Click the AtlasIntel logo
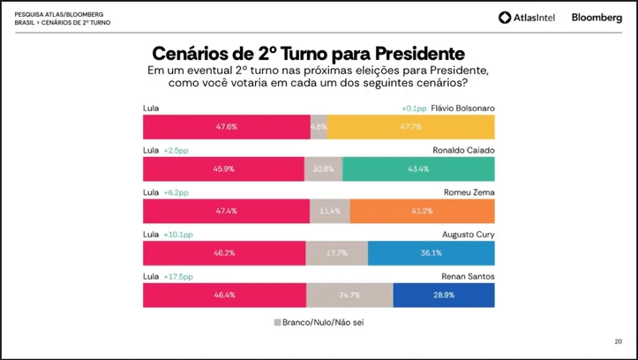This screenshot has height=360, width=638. click(527, 18)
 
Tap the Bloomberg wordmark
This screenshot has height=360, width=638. click(597, 18)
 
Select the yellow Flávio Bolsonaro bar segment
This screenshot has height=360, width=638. click(411, 127)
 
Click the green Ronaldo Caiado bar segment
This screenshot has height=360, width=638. click(418, 169)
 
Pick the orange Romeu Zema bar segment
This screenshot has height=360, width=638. click(423, 211)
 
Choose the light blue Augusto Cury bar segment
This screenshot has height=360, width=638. click(432, 253)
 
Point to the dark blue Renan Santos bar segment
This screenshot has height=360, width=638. click(444, 295)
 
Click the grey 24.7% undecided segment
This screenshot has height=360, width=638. click(349, 295)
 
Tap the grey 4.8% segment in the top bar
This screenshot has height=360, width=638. click(319, 127)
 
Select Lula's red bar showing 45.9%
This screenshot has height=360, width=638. click(223, 169)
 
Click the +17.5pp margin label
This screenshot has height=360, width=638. click(178, 276)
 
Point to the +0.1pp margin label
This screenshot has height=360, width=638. click(414, 109)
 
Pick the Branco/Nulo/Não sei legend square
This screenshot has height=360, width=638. click(277, 323)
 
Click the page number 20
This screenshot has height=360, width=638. click(618, 341)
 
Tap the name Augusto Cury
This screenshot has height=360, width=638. click(469, 235)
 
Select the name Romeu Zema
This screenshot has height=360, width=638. click(469, 192)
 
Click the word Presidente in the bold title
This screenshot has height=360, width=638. click(419, 53)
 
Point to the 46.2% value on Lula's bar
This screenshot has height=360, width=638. click(224, 253)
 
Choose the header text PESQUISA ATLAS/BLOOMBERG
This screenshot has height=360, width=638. click(59, 15)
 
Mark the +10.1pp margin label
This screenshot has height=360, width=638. click(178, 235)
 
